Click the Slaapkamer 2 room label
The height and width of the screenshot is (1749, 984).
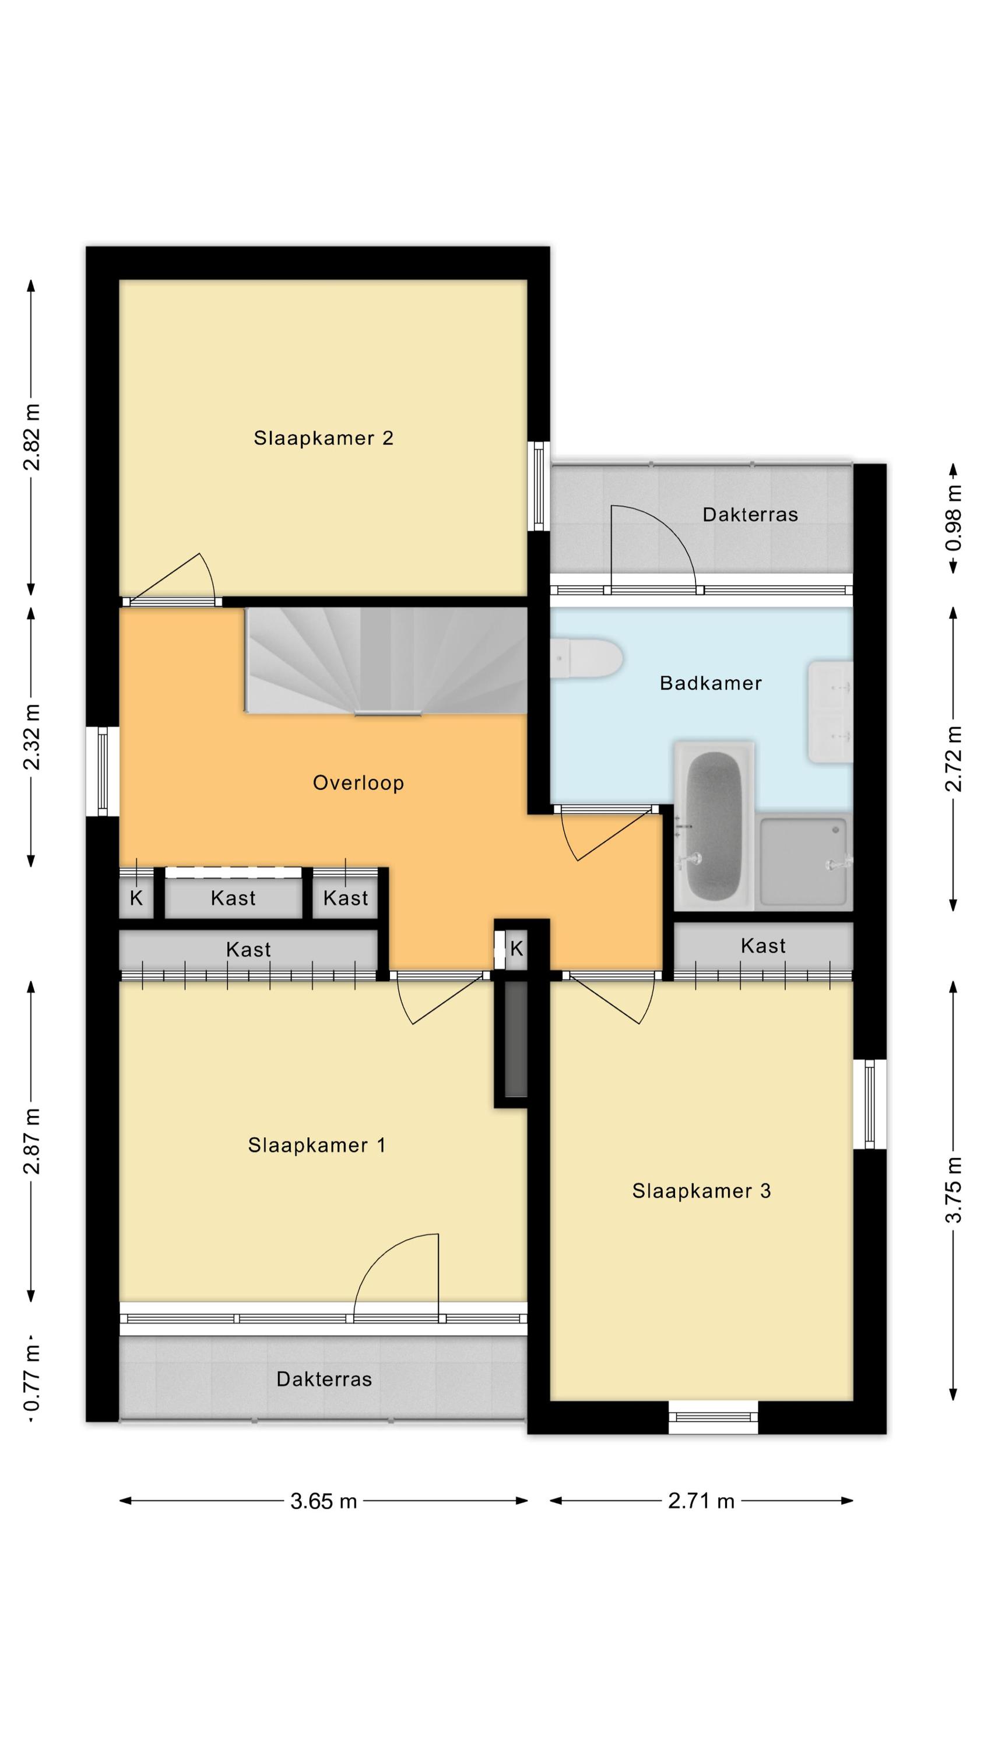click(x=324, y=438)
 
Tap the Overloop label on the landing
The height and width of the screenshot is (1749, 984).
click(x=358, y=783)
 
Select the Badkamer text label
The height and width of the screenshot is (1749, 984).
click(x=711, y=683)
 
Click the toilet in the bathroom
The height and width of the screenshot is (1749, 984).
click(x=587, y=658)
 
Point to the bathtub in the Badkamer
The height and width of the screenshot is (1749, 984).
click(x=714, y=825)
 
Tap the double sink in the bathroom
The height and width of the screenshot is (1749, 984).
click(x=830, y=712)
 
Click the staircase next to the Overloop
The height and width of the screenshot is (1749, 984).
click(x=386, y=661)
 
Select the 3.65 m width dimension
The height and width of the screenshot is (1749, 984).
click(x=324, y=1501)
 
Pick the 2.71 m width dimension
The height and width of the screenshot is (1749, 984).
click(x=701, y=1501)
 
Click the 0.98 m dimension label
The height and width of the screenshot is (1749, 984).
click(x=954, y=518)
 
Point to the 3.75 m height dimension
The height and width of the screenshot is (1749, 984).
click(x=954, y=1189)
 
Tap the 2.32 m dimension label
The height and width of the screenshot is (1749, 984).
click(x=31, y=737)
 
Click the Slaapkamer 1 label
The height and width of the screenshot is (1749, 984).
click(x=317, y=1146)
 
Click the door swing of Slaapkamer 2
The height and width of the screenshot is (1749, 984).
click(x=174, y=578)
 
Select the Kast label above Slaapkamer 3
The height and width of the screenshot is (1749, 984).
click(x=762, y=946)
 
